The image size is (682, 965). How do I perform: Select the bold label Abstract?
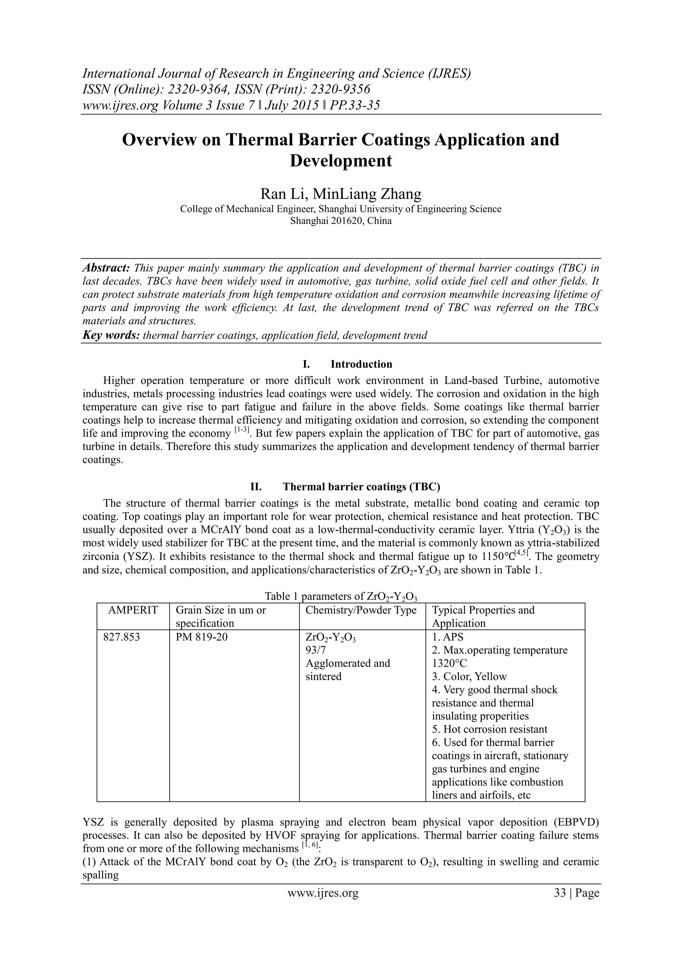pos(106,268)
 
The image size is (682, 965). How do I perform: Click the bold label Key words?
pos(111,335)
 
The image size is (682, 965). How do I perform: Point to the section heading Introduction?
pos(361,364)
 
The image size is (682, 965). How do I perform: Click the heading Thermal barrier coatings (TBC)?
pos(361,487)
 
